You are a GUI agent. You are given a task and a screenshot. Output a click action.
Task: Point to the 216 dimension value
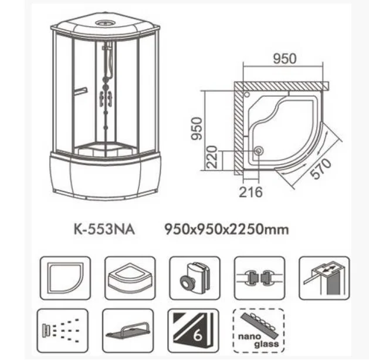(251, 192)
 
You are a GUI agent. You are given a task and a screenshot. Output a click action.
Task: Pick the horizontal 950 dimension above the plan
(284, 59)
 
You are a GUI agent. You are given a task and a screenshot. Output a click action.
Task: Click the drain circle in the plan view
(259, 152)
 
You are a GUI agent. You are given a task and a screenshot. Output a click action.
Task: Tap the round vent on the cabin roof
(106, 25)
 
